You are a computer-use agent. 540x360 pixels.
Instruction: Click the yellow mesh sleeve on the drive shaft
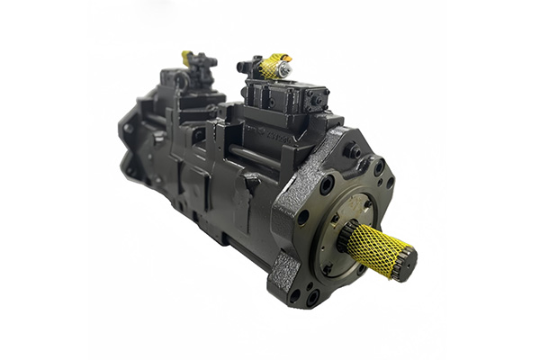click(x=372, y=247)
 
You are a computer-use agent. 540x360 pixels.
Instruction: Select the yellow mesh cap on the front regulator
click(x=272, y=66)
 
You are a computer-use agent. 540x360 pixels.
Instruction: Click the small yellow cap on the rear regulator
click(x=187, y=57)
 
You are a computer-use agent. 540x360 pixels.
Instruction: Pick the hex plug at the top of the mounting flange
click(x=354, y=152)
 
